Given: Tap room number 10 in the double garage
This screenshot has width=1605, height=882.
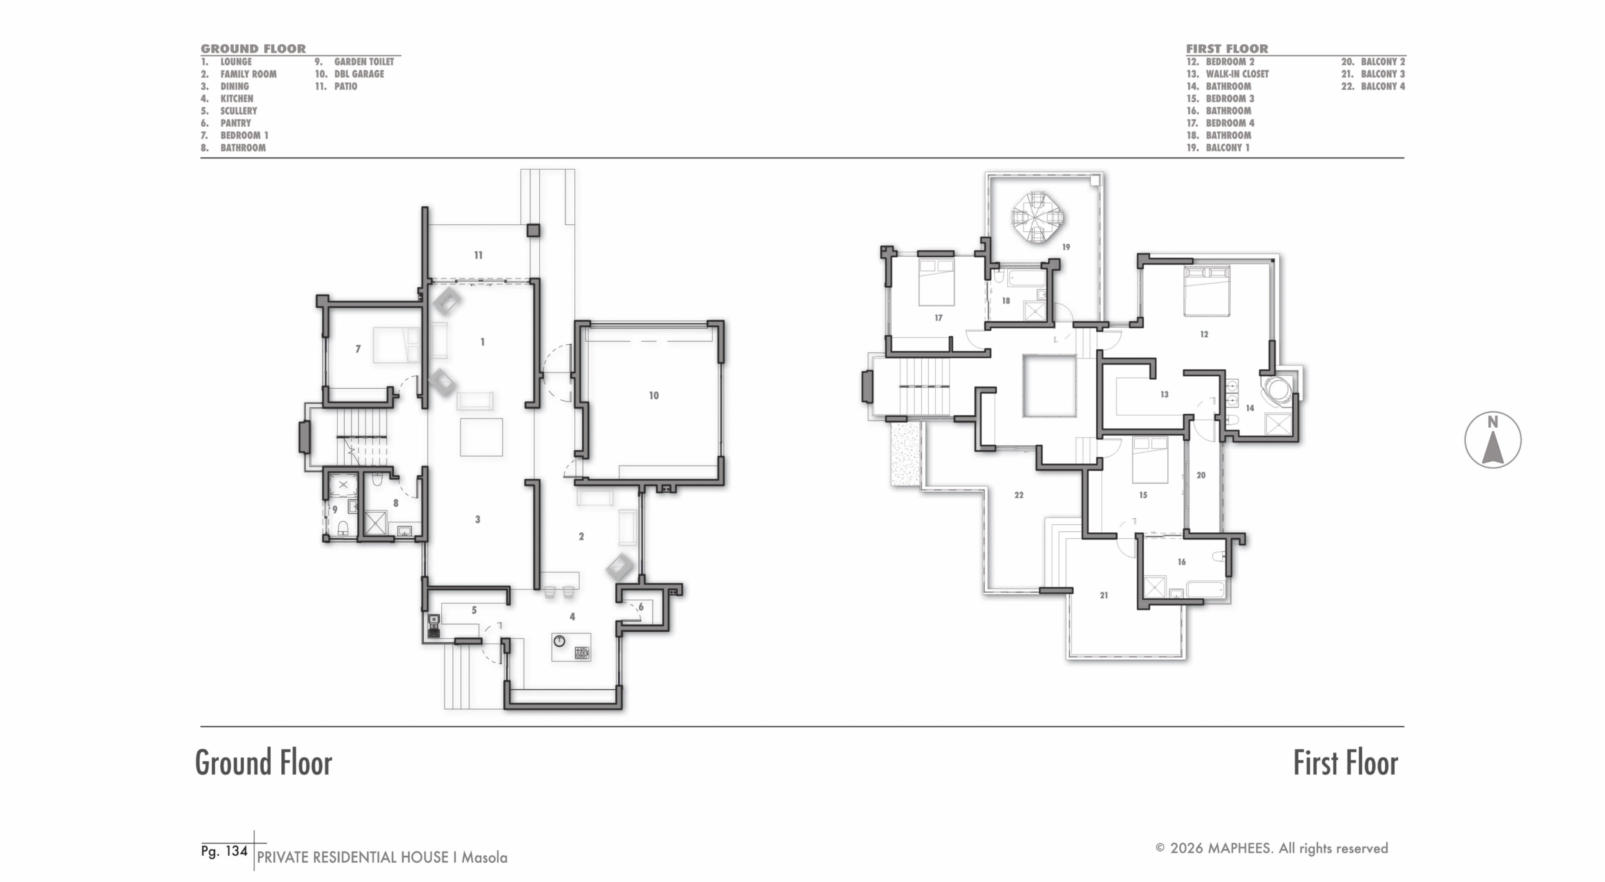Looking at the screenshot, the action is [x=654, y=396].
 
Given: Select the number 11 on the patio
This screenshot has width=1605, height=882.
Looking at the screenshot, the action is [x=478, y=255].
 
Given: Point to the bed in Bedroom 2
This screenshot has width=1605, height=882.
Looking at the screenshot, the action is [x=1207, y=291].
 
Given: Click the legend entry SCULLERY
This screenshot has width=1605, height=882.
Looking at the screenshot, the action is [x=239, y=111].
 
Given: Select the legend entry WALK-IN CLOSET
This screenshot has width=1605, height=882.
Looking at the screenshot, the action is [x=1237, y=74].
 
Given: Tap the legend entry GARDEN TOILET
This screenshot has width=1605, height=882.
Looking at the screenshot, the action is [x=364, y=62].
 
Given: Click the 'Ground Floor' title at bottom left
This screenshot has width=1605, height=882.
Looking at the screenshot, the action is [x=264, y=763].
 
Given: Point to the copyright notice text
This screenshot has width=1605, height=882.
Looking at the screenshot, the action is [x=1271, y=848].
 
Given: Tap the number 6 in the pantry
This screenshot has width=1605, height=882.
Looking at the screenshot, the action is [x=640, y=607].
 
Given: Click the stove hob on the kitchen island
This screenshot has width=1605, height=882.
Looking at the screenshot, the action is [x=581, y=653].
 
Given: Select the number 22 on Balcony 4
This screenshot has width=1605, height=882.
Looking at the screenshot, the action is [x=1019, y=495].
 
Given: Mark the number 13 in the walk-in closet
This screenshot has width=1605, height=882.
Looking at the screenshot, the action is [x=1164, y=394].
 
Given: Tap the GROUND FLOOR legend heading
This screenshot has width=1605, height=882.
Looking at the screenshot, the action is [x=253, y=48].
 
